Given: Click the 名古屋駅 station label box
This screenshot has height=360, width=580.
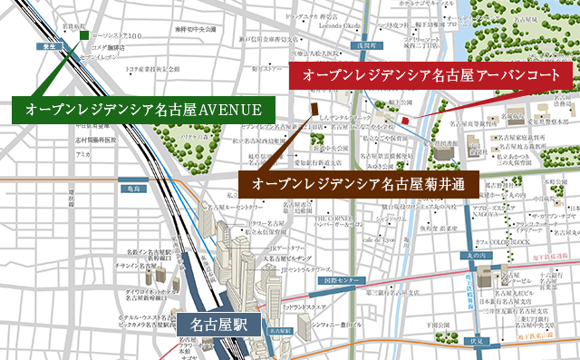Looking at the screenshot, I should (218, 324).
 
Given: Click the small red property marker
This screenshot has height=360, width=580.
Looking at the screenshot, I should (406, 120).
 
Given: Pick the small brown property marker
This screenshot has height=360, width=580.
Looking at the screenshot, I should (304, 107).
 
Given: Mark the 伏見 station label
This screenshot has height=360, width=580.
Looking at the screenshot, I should (478, 342).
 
